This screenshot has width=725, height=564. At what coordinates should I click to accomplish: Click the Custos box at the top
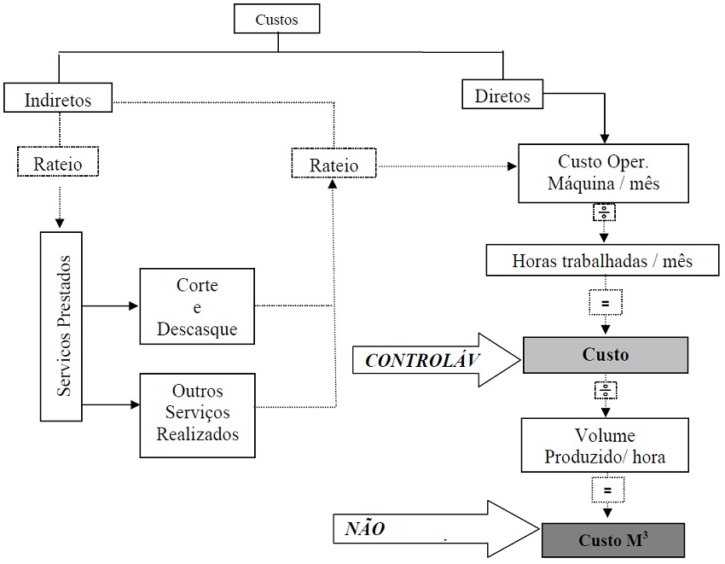(x=277, y=19)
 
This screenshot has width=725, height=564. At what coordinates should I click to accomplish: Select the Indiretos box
(x=58, y=99)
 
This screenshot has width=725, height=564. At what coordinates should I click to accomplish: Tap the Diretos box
(x=502, y=95)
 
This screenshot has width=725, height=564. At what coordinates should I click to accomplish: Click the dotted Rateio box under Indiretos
(x=58, y=160)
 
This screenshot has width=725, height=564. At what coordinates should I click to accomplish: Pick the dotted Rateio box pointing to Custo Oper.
(x=333, y=164)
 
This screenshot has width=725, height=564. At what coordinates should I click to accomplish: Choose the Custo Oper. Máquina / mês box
(x=605, y=172)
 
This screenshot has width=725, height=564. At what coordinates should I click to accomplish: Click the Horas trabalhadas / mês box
(x=602, y=261)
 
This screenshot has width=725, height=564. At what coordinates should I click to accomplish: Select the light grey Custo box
(x=606, y=354)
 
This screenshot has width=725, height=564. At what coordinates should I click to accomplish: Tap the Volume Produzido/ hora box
(x=605, y=446)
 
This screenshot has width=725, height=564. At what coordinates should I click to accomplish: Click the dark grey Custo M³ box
(x=613, y=540)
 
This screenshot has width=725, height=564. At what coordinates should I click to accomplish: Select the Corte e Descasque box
(x=196, y=306)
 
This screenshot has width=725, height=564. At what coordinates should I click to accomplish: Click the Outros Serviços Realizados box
(x=196, y=412)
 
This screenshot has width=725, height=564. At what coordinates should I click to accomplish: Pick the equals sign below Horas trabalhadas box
(x=605, y=302)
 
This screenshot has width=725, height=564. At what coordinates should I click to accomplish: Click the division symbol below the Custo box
(x=605, y=390)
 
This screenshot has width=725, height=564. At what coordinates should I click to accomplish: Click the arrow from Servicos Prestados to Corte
(x=110, y=305)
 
